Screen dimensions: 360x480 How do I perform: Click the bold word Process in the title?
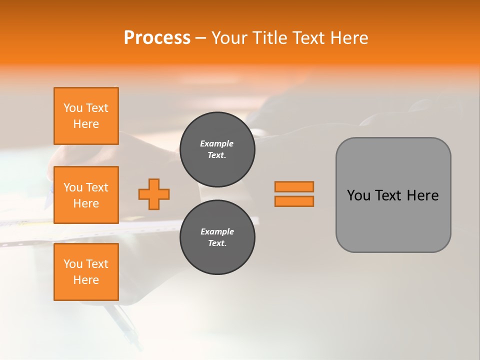[x=157, y=38]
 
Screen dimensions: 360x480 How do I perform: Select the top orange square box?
[x=86, y=116]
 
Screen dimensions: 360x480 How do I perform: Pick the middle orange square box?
[x=86, y=195]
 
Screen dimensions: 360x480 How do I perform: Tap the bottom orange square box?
[x=86, y=272]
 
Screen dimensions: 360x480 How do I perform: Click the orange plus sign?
[x=154, y=194]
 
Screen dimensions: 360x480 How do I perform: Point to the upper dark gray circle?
[x=217, y=149]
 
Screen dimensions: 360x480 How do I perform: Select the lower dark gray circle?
[x=217, y=237]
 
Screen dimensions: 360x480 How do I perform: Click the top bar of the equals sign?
[x=294, y=186]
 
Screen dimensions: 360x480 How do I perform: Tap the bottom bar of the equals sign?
[x=294, y=201]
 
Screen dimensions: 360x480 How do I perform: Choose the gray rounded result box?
[x=393, y=194]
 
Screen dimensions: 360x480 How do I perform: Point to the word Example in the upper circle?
[x=217, y=143]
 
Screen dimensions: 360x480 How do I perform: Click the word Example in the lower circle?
[x=217, y=231]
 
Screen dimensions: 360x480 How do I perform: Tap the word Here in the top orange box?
[x=86, y=124]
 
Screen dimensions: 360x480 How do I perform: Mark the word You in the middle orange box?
[x=73, y=187]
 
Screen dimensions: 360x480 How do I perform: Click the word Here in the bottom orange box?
[x=86, y=280]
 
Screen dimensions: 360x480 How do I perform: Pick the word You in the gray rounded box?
[x=358, y=195]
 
